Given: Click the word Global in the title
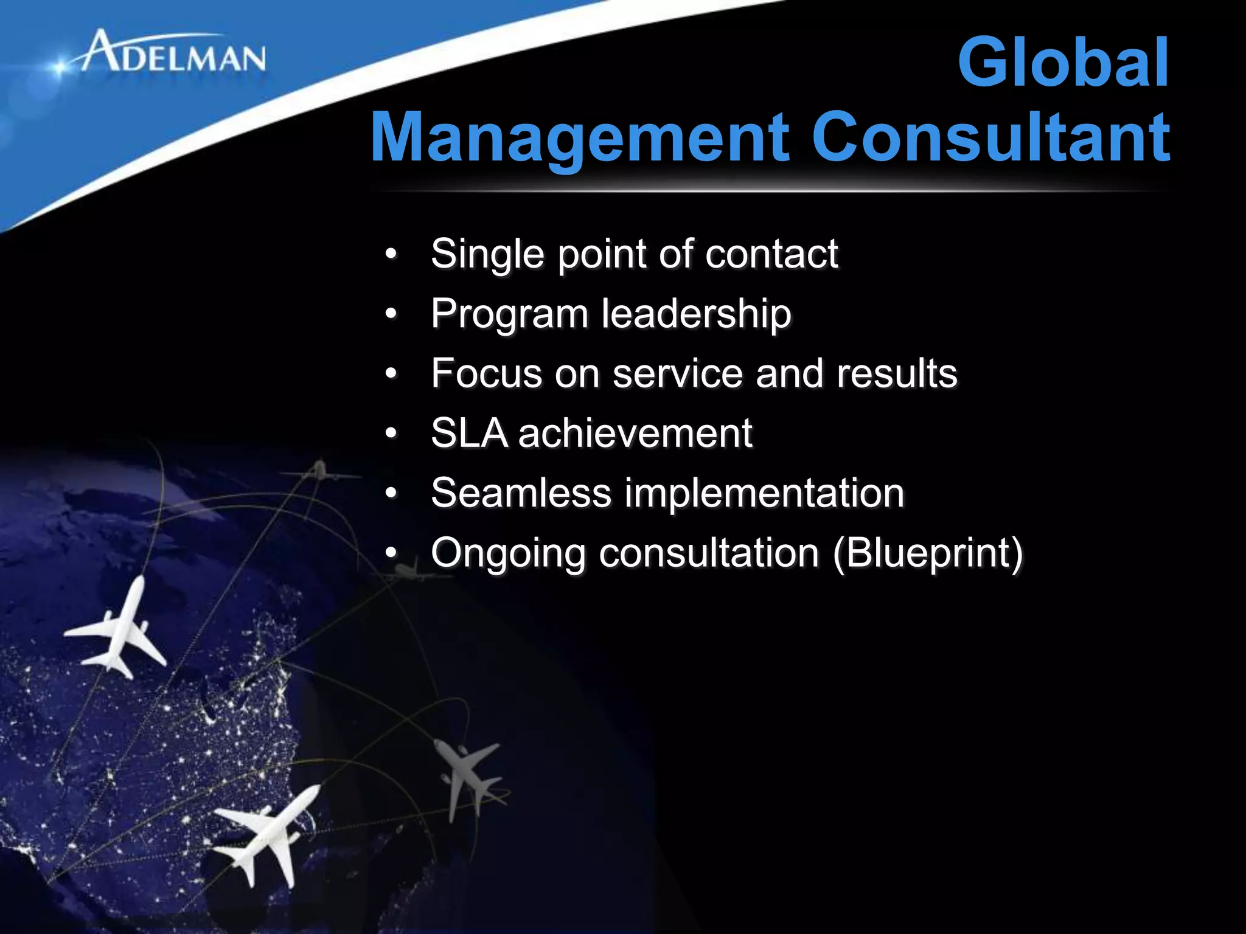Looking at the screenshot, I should [x=1062, y=63].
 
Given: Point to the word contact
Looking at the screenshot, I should [x=771, y=254].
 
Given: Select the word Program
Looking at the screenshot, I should [x=509, y=315].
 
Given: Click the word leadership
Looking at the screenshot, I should [x=696, y=315].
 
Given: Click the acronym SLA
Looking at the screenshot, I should [x=469, y=434].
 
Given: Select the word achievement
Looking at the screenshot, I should [x=635, y=434].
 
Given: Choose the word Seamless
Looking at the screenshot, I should [x=521, y=493].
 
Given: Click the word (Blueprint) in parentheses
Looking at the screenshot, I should [x=928, y=553].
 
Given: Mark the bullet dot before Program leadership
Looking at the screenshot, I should [x=391, y=315].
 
